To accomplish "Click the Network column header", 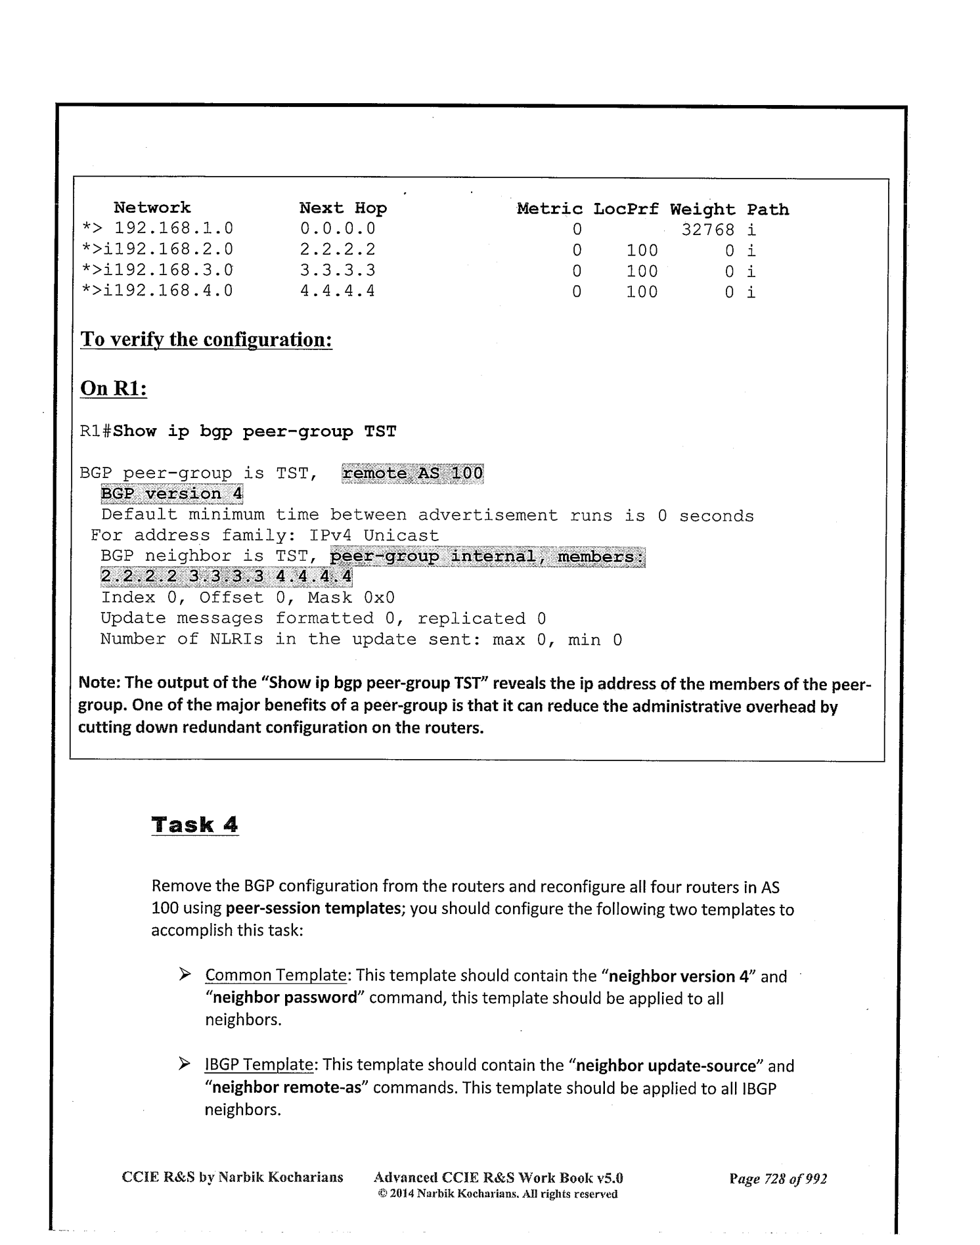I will [x=152, y=207].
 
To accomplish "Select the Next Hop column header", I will [x=343, y=208].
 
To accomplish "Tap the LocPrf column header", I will [x=625, y=209].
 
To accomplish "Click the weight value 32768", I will [x=707, y=230].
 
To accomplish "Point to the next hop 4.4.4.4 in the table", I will [x=338, y=291].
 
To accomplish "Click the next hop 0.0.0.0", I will [x=338, y=229].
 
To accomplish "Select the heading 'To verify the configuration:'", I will [x=206, y=339].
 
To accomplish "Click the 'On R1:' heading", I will [x=113, y=388].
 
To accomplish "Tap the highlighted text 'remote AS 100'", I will [x=412, y=473].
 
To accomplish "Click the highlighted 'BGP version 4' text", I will [x=171, y=494].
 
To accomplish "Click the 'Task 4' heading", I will [x=194, y=825].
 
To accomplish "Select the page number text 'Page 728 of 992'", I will [x=778, y=1178].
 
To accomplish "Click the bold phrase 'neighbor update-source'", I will [x=666, y=1065].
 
